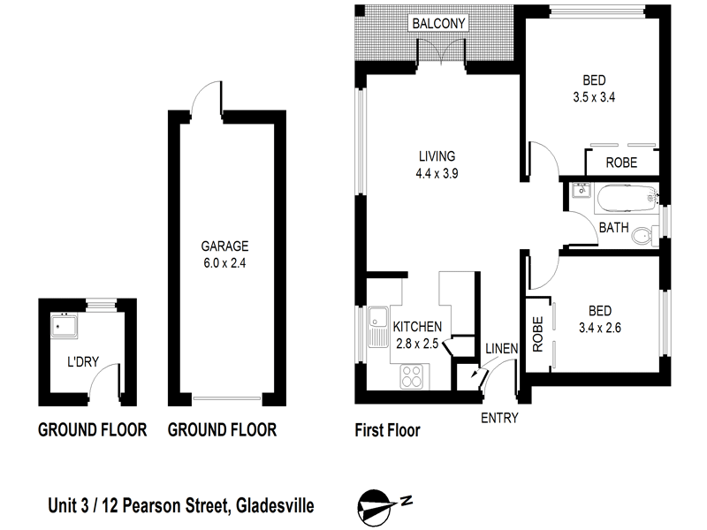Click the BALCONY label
pyautogui.click(x=437, y=24)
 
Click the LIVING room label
pyautogui.click(x=437, y=156)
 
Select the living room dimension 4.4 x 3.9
pyautogui.click(x=437, y=173)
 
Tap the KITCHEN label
pyautogui.click(x=417, y=326)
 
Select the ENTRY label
pyautogui.click(x=499, y=418)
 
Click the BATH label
pyautogui.click(x=614, y=228)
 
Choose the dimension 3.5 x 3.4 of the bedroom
pyautogui.click(x=593, y=98)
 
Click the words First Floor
pyautogui.click(x=386, y=431)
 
